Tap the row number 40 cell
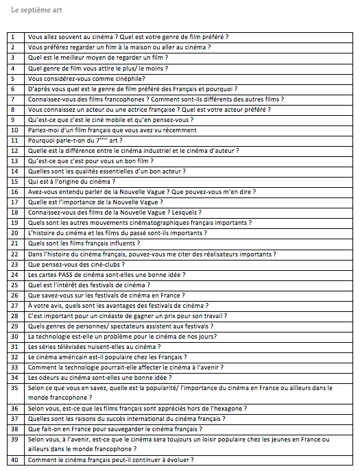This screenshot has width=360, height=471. (14, 460)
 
